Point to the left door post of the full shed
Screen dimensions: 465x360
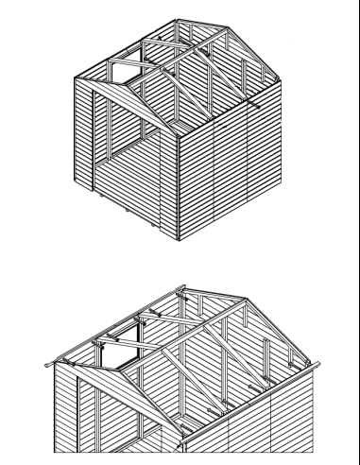tap(94, 142)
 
